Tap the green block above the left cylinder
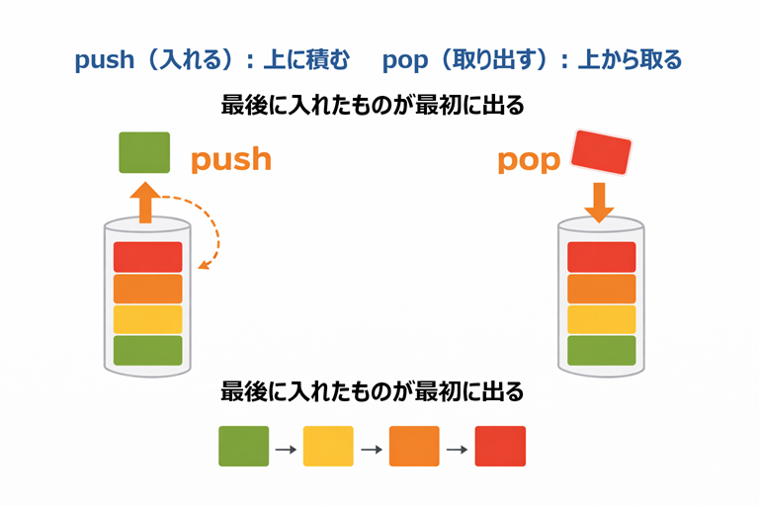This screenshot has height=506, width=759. point(144,153)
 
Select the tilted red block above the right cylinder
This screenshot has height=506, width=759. point(602,153)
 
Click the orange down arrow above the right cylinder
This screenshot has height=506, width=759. point(599,202)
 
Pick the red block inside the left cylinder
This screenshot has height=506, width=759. point(148,257)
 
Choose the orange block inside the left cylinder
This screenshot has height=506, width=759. point(148,289)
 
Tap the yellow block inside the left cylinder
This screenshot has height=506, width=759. point(148,319)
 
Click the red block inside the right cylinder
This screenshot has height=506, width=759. point(601,257)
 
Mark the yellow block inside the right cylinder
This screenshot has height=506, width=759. point(601,319)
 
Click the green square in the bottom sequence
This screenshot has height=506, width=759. point(243,447)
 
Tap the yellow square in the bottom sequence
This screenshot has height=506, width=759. point(328,447)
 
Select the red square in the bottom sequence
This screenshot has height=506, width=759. point(500,447)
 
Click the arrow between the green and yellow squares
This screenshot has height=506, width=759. point(286,450)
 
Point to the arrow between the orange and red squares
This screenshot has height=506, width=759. point(458,450)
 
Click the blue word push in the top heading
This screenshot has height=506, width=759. point(104,60)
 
